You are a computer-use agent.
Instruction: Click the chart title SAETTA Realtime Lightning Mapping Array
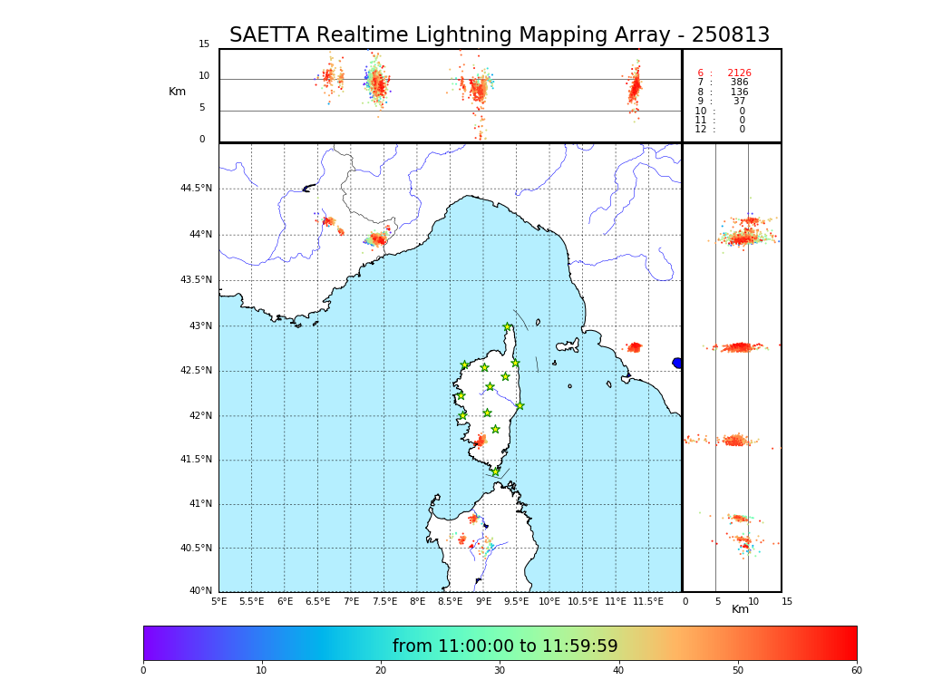tap(499, 35)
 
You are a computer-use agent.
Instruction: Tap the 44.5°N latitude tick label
tap(196, 189)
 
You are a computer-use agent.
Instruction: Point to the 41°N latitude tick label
tap(199, 504)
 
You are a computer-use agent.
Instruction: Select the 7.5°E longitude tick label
tap(384, 602)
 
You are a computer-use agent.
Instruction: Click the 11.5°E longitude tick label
tap(648, 602)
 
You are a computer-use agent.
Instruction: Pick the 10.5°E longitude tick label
tap(582, 602)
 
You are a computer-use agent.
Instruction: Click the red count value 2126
tap(739, 73)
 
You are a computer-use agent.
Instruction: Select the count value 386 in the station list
tap(739, 83)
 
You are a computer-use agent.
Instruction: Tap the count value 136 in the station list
tap(739, 92)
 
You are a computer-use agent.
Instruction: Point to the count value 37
tap(739, 102)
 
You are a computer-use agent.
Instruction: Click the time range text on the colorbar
tap(505, 646)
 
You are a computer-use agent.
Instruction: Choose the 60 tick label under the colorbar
tap(856, 671)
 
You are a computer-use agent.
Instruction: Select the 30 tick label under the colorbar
tap(500, 671)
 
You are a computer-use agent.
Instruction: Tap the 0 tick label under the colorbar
tap(143, 671)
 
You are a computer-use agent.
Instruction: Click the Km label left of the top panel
tap(178, 92)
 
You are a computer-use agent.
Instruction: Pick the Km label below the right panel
tap(740, 609)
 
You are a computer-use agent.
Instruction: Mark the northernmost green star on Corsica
tap(508, 327)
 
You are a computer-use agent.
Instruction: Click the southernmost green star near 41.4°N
tap(495, 471)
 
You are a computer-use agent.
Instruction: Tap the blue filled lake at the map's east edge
tap(677, 363)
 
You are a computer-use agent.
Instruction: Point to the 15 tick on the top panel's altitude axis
tap(204, 44)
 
